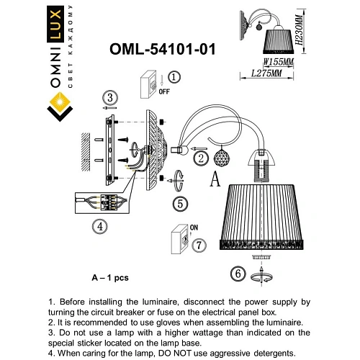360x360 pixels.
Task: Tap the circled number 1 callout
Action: tap(175, 77)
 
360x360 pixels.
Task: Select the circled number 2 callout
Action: tap(202, 158)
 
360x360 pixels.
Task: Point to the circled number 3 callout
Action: tap(109, 98)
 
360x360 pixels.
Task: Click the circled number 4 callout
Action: tap(100, 225)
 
